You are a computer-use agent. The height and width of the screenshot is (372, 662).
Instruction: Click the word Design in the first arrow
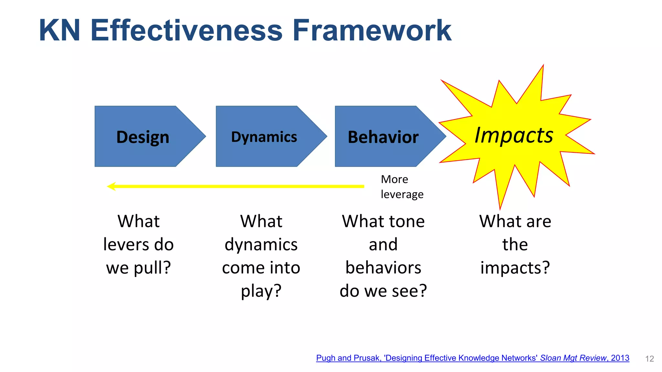[143, 137]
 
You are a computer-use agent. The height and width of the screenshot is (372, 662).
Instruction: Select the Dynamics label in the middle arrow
[264, 137]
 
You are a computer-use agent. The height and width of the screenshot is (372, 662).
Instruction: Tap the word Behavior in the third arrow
[383, 137]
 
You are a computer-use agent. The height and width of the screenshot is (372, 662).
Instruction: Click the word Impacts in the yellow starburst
[514, 135]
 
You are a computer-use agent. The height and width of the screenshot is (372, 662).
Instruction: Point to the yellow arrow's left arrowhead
[112, 186]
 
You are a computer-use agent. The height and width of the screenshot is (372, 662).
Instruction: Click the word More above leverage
[394, 179]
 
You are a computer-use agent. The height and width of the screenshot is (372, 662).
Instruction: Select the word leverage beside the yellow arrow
[402, 194]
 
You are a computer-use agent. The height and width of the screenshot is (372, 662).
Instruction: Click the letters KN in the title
[59, 30]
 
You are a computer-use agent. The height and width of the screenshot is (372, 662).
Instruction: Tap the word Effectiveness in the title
[187, 30]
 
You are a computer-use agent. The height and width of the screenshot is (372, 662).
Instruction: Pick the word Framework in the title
[372, 30]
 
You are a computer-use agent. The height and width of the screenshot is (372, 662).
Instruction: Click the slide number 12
[649, 359]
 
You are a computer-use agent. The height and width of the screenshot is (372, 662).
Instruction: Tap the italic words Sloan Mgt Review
[573, 358]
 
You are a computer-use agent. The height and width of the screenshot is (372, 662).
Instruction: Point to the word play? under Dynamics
[261, 291]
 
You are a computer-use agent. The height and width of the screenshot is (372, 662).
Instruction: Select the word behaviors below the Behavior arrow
[383, 268]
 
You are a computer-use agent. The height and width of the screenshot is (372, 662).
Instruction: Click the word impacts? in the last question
[515, 268]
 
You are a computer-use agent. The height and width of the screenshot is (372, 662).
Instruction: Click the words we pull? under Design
[138, 268]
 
